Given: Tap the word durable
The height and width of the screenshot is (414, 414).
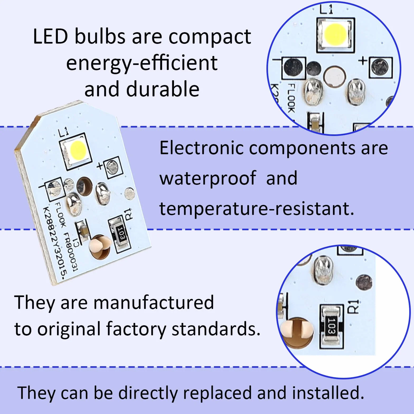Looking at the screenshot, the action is [x=163, y=89].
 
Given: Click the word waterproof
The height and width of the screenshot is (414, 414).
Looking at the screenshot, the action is [x=208, y=179].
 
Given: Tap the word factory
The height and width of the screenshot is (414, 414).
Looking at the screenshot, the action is [x=136, y=330].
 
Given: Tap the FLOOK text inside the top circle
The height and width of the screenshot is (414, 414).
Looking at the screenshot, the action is [x=291, y=98].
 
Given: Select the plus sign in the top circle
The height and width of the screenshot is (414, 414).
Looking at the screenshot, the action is [x=363, y=61].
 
